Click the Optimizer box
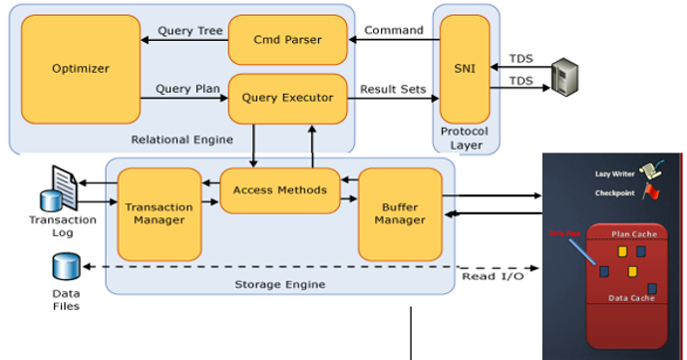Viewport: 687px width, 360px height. coord(80,68)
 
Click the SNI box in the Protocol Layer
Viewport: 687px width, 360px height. coord(464,68)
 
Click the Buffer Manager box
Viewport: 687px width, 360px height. coord(400,213)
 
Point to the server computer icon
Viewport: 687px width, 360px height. coord(564,73)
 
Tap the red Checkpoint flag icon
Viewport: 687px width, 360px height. coord(652,192)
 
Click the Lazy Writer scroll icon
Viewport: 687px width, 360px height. coord(653,172)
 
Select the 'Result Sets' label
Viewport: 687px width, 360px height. coord(393,90)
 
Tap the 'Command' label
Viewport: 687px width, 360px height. coord(393,30)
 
